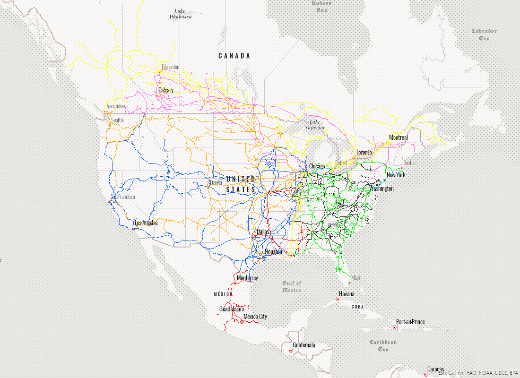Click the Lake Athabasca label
pos(180,14)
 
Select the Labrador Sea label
pos(484,34)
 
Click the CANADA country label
pos(234,56)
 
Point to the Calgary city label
pos(166,90)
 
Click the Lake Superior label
pos(315,124)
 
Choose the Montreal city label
pos(398,137)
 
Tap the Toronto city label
pos(364,152)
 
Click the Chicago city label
pos(317,166)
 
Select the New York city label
pos(396,175)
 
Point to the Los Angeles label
pos(146,223)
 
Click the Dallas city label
pos(263,232)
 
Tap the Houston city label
pos(273,252)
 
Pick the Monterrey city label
pos(247,278)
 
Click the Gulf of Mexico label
pos(292,286)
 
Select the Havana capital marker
pos(337,299)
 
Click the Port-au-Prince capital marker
pos(394,327)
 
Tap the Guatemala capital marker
pos(290,351)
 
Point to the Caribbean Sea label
pos(383,345)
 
